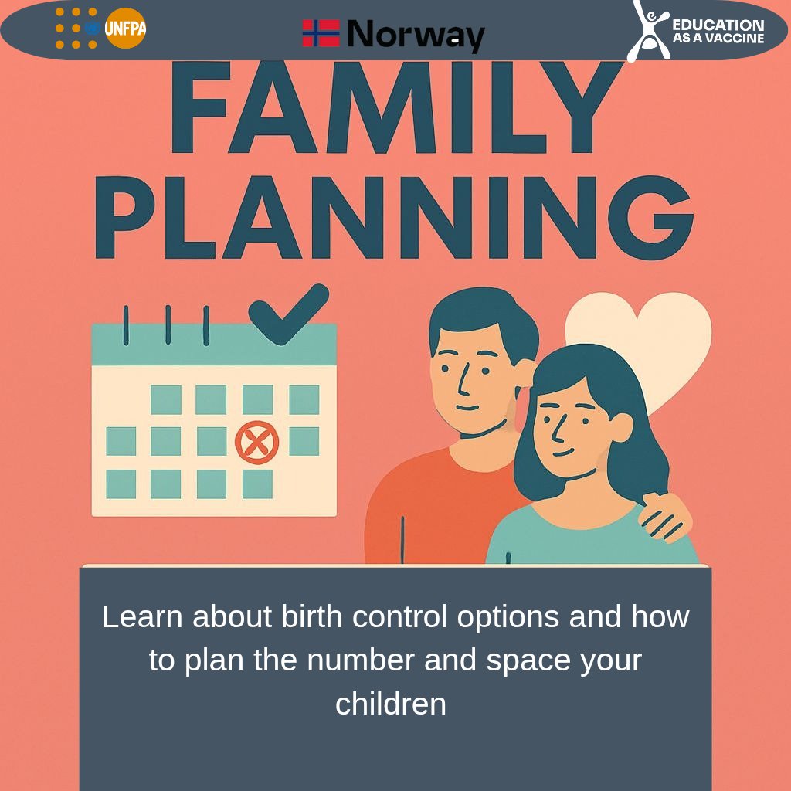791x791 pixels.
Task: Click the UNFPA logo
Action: (x=101, y=29)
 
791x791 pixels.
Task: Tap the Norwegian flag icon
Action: (x=321, y=33)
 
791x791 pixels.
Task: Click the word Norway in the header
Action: (x=416, y=34)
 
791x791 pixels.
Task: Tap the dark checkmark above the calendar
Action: (x=287, y=313)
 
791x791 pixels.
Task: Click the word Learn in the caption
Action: (x=143, y=616)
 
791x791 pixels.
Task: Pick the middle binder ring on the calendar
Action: (x=168, y=324)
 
